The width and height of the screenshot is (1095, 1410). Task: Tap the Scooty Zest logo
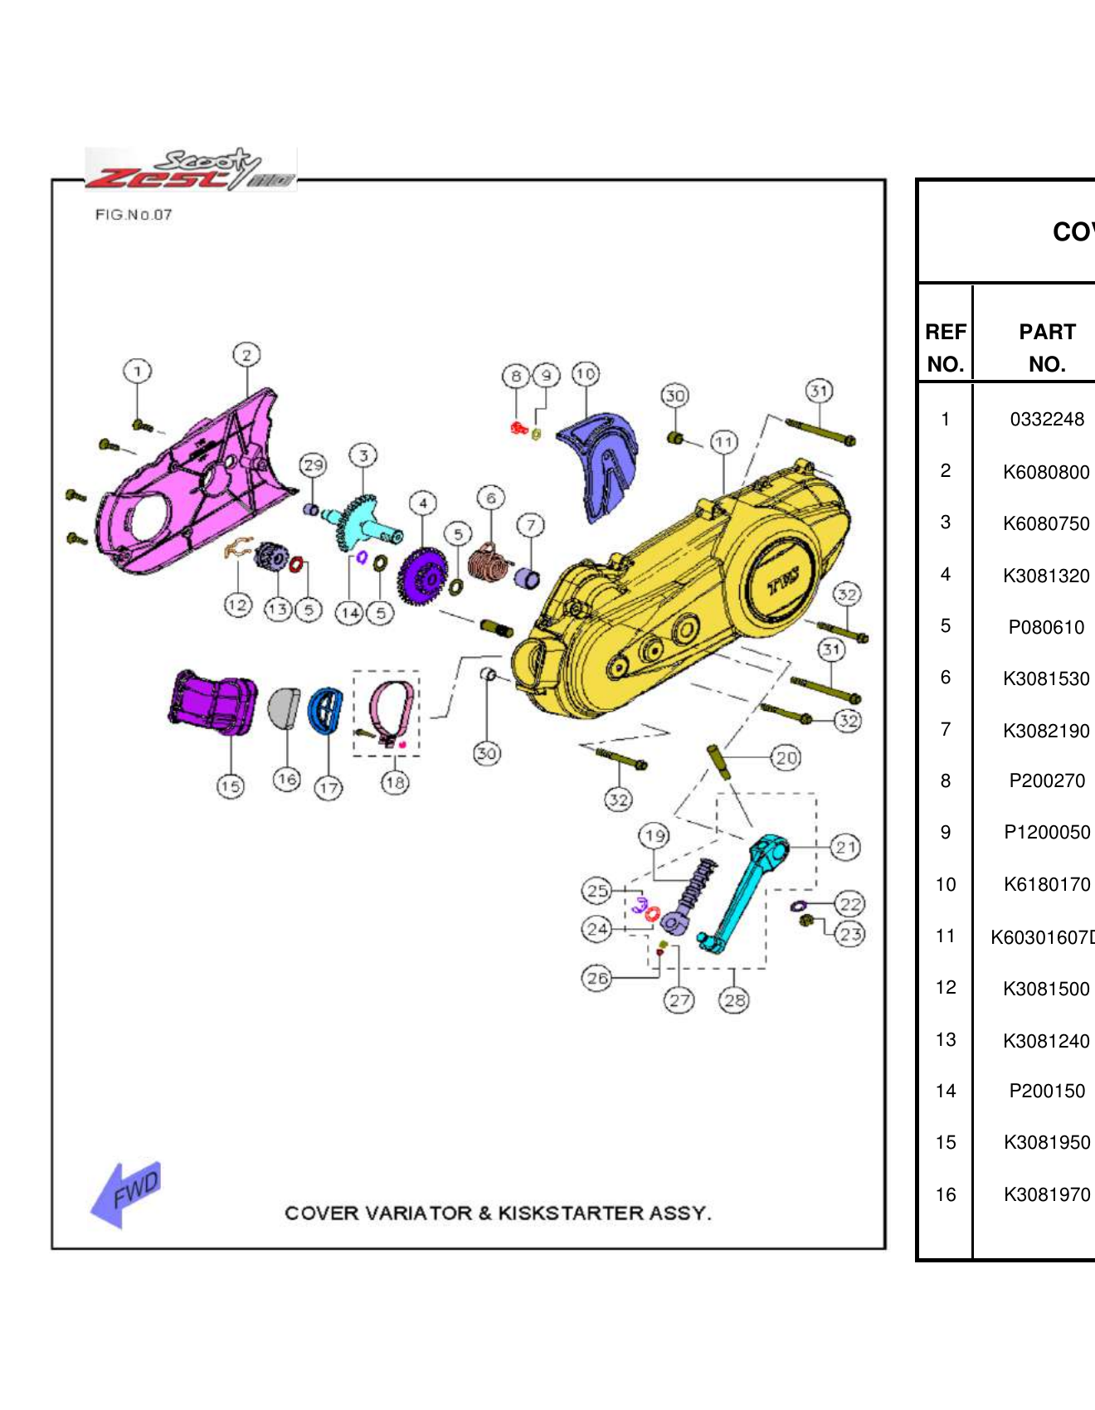click(x=191, y=169)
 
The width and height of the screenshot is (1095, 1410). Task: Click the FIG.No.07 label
click(x=133, y=215)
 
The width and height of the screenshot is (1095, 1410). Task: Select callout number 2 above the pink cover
click(x=246, y=355)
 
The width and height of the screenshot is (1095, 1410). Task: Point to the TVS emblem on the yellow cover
click(x=782, y=583)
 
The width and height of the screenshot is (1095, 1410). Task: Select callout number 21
click(x=845, y=847)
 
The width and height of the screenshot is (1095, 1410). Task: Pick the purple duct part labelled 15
click(x=212, y=703)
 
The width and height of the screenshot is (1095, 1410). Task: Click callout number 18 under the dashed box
click(x=395, y=782)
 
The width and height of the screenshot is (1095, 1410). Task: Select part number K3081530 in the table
click(x=1045, y=678)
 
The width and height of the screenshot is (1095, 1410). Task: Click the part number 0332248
click(x=1046, y=420)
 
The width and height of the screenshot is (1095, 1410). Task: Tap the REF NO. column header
click(x=945, y=348)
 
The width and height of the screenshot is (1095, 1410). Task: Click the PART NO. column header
click(x=1046, y=348)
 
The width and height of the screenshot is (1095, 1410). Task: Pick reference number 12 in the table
click(x=945, y=988)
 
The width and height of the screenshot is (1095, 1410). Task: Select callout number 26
click(x=597, y=978)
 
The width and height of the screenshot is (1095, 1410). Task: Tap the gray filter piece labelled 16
click(x=285, y=707)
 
